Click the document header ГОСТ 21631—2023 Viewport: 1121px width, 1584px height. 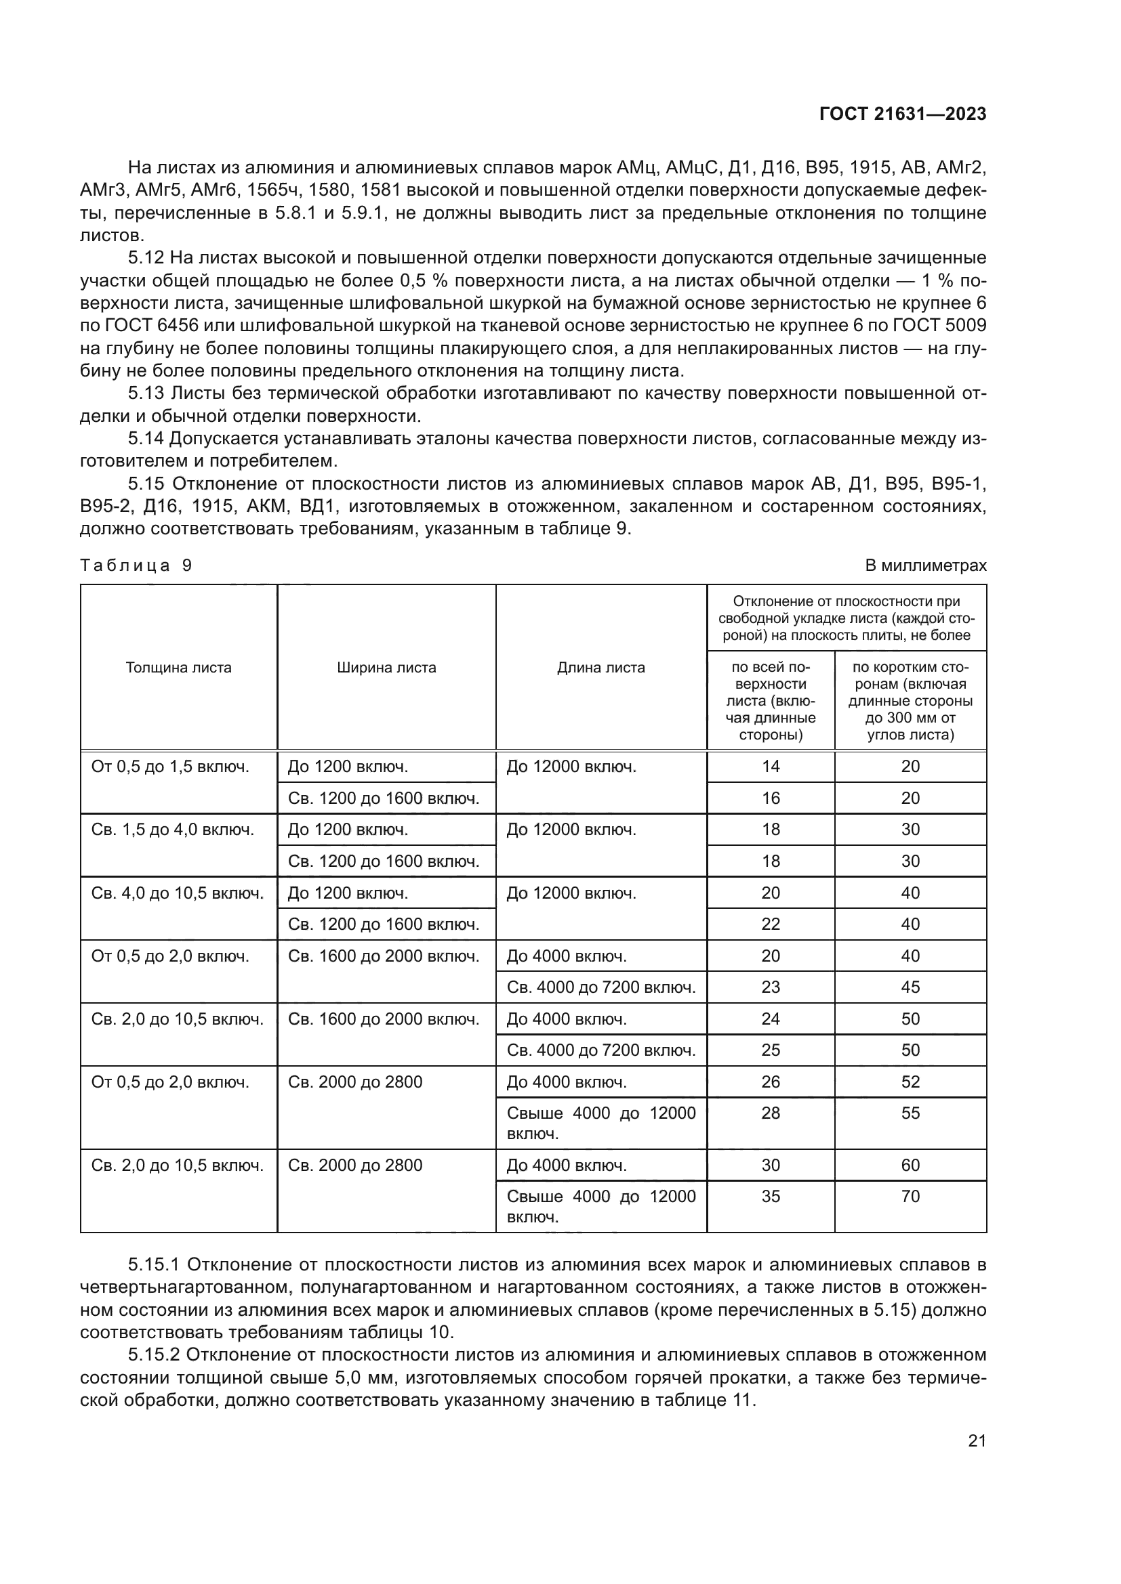(x=902, y=114)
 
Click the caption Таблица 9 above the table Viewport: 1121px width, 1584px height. (x=136, y=565)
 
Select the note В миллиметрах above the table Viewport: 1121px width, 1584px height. (x=926, y=565)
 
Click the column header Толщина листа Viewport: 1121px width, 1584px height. (x=179, y=668)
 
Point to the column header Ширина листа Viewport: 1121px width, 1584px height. (x=386, y=668)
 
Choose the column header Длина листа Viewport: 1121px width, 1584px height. (x=600, y=668)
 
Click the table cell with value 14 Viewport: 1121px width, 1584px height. (x=771, y=767)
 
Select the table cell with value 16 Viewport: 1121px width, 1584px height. (x=771, y=798)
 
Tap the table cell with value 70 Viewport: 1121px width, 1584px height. (x=910, y=1196)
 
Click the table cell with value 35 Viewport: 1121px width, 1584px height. (x=771, y=1196)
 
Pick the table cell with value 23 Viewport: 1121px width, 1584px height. (x=771, y=987)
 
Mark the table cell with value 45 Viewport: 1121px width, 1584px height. (x=910, y=987)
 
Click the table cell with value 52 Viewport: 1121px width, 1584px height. (x=910, y=1082)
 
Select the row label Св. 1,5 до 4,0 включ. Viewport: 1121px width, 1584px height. (x=173, y=830)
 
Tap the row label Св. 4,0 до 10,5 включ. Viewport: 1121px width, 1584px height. (x=178, y=893)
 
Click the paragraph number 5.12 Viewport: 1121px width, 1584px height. (x=146, y=258)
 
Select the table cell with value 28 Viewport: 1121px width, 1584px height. (x=771, y=1113)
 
